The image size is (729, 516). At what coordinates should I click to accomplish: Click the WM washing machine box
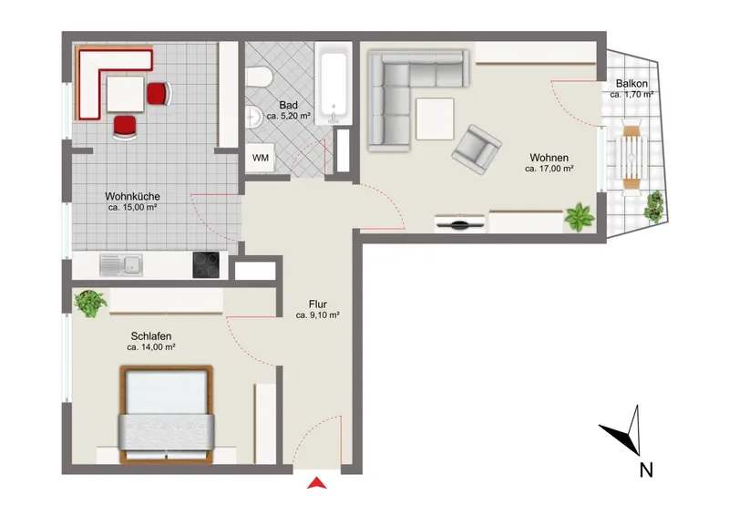[x=260, y=158]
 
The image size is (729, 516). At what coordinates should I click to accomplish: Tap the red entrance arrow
[x=316, y=483]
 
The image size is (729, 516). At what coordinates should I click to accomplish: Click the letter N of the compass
[x=646, y=470]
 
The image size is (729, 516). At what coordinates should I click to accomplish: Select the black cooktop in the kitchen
[x=206, y=264]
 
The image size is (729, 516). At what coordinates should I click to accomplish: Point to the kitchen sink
[x=121, y=265]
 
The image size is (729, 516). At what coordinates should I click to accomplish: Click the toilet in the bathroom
[x=259, y=77]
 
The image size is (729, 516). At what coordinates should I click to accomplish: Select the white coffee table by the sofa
[x=435, y=119]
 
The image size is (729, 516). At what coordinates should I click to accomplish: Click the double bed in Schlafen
[x=167, y=414]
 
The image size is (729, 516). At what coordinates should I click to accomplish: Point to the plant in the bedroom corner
[x=90, y=304]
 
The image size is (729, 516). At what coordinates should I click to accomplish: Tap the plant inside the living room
[x=580, y=217]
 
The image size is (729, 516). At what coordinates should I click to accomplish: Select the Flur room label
[x=317, y=304]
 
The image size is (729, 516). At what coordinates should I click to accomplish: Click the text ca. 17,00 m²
[x=549, y=169]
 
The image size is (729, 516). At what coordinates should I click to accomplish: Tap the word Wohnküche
[x=132, y=196]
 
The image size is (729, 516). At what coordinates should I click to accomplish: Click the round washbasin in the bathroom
[x=254, y=117]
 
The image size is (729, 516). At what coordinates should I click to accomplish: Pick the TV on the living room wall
[x=460, y=223]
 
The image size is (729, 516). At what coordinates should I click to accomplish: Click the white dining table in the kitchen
[x=126, y=95]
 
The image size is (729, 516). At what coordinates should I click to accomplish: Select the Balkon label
[x=631, y=84]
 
